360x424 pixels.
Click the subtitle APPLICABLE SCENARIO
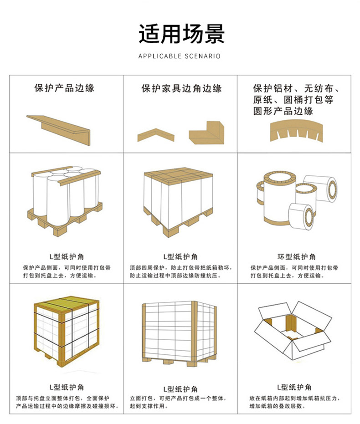click(x=180, y=56)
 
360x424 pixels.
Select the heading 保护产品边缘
click(x=64, y=88)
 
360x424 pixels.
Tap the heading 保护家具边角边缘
click(x=181, y=88)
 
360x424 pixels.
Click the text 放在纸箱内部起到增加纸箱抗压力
click(x=294, y=398)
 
